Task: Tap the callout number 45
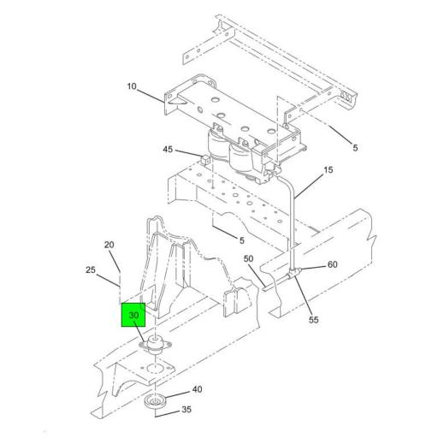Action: point(169,150)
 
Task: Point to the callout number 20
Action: point(109,245)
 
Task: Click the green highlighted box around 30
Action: point(134,316)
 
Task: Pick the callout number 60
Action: point(332,264)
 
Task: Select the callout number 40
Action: point(197,389)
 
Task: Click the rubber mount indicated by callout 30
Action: point(156,346)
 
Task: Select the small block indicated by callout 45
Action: point(205,158)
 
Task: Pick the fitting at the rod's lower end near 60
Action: point(295,272)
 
